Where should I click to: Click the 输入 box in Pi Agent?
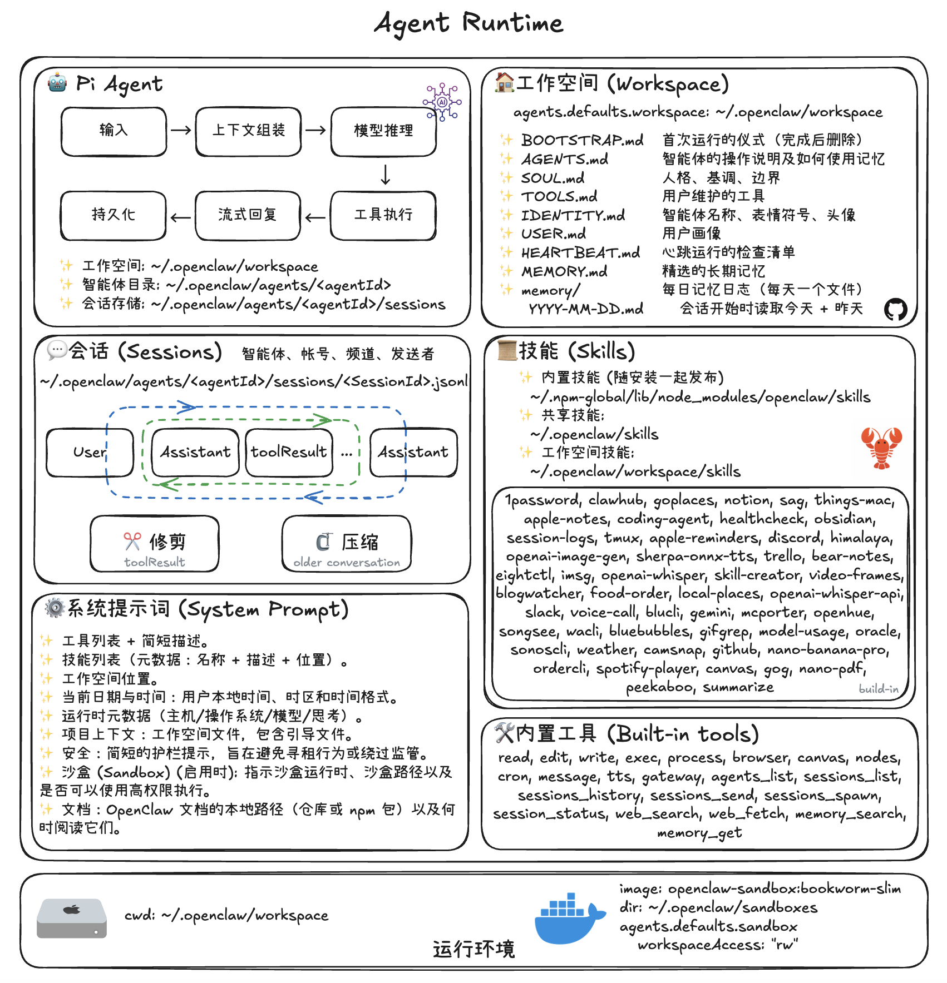114,131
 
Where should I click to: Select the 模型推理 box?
383,131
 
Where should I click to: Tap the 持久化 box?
114,215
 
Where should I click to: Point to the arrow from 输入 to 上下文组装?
181,131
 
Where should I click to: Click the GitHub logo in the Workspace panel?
895,310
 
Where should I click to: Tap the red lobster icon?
881,448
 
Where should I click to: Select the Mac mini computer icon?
72,919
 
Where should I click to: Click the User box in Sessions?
90,453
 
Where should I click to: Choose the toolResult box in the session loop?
289,453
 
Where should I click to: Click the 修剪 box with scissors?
155,544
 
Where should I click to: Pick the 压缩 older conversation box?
347,544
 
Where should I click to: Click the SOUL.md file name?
553,178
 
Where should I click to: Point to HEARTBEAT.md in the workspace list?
580,253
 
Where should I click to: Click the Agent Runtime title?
468,23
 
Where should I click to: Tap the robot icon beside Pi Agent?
57,83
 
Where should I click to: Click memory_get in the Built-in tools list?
699,833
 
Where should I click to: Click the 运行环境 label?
473,949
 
